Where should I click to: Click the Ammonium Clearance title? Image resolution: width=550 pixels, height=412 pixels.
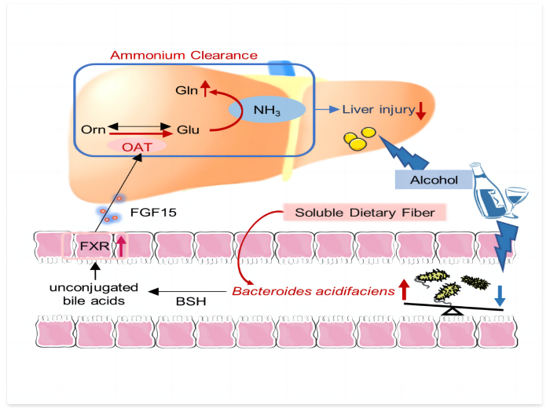coord(183,55)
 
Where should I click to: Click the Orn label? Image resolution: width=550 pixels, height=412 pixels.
coord(93,129)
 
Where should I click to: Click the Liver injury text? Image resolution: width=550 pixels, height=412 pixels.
coord(378,109)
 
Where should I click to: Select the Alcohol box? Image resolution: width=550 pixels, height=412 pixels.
coord(434,180)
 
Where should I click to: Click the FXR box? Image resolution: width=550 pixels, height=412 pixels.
coord(89,249)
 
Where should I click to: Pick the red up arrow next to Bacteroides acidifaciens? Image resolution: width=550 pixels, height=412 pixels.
coord(404,289)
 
